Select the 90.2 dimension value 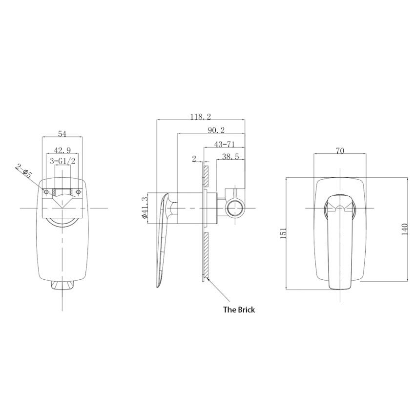point(216,130)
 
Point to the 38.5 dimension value point(230,157)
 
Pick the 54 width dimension point(62,134)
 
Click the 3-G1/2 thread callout point(62,161)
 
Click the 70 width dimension point(340,151)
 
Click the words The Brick point(239,310)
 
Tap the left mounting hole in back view point(46,192)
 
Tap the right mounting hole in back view point(78,192)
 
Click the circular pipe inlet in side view point(235,207)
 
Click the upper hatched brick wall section point(206,176)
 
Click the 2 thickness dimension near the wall point(194,159)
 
